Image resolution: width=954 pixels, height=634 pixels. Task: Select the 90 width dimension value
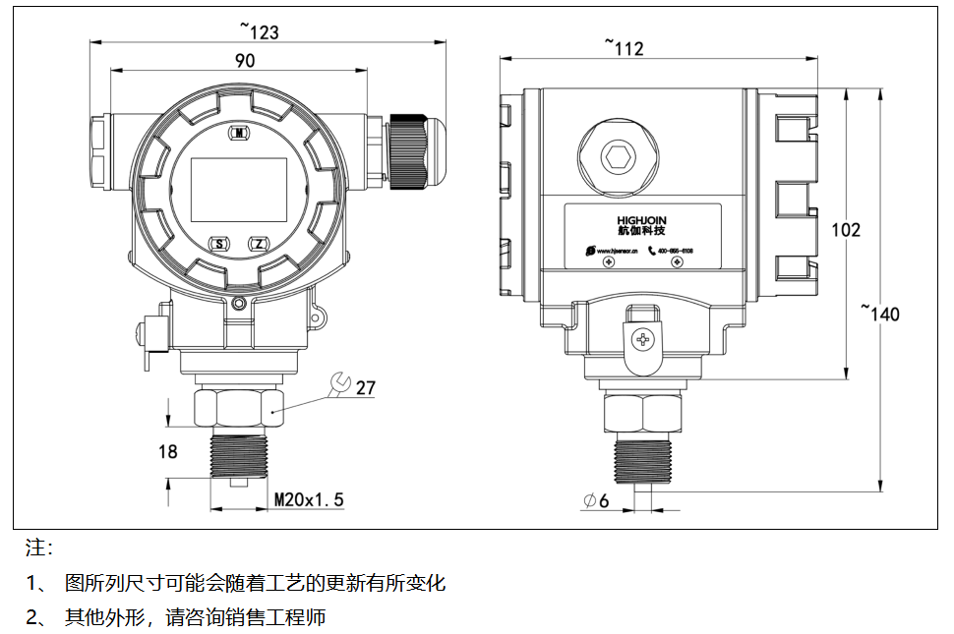[245, 60]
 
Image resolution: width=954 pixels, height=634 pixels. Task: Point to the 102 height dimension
[846, 229]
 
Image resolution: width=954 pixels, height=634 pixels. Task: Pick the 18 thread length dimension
[168, 451]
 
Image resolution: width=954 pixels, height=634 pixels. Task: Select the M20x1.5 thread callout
[309, 499]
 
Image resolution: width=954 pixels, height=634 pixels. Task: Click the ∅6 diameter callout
[597, 501]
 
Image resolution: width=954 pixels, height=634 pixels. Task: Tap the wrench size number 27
[366, 387]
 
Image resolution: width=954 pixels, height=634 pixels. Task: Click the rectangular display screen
[238, 189]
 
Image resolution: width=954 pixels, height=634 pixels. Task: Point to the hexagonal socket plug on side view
[618, 156]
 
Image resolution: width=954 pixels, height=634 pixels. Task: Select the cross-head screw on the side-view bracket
[644, 340]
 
